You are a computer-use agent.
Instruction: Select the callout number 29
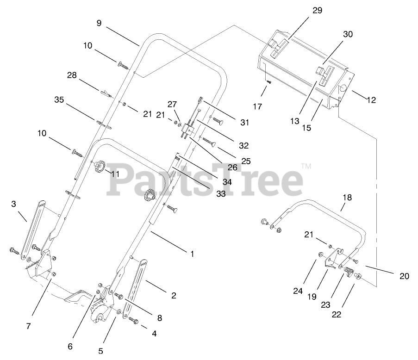[x=317, y=10]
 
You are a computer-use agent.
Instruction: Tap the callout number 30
[x=348, y=35]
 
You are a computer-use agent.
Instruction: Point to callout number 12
[x=371, y=99]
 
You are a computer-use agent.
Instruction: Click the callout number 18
[x=347, y=198]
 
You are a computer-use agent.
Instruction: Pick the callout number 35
[x=59, y=99]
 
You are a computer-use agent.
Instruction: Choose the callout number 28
[x=72, y=75]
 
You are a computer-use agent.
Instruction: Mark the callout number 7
[x=28, y=326]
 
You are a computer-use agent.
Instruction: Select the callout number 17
[x=257, y=106]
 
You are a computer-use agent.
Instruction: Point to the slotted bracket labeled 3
[x=35, y=222]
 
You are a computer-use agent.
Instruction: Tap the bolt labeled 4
[x=133, y=320]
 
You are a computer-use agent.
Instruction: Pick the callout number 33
[x=221, y=194]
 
